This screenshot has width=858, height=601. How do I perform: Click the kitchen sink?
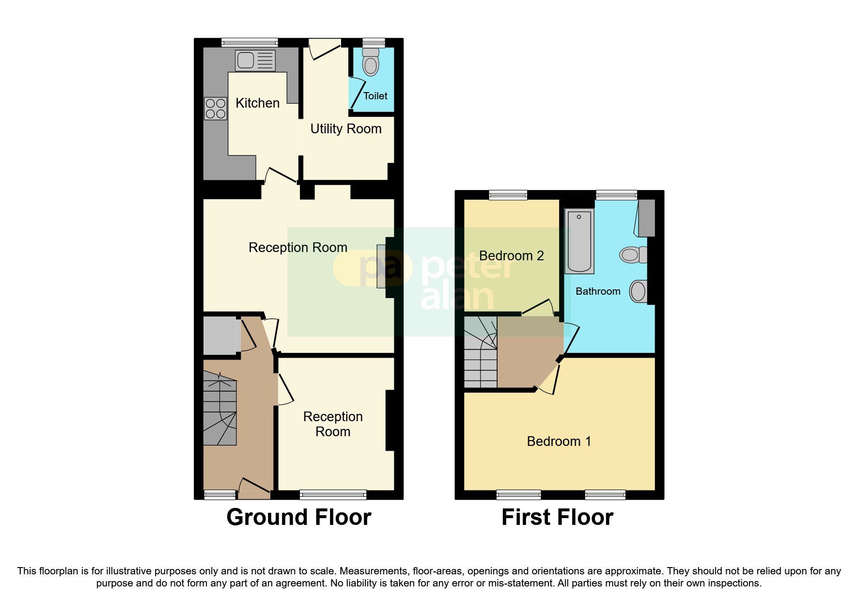click(x=255, y=61)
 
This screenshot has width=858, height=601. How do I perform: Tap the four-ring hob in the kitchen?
click(x=215, y=109)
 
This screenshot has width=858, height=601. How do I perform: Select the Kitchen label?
click(x=257, y=103)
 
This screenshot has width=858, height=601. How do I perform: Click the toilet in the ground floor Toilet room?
click(x=371, y=63)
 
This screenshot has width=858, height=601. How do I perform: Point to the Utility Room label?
click(x=345, y=129)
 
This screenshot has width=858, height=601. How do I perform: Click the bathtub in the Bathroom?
click(x=579, y=241)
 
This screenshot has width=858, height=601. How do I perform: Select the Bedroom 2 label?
click(x=511, y=256)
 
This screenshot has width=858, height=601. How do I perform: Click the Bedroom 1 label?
click(x=559, y=442)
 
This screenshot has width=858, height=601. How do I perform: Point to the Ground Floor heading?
click(x=298, y=517)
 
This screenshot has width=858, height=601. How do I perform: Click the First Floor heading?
click(x=557, y=517)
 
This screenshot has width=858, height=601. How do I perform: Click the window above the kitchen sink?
click(x=250, y=43)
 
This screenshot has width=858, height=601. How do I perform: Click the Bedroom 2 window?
click(x=508, y=195)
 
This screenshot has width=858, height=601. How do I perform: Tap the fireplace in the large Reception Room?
click(x=381, y=267)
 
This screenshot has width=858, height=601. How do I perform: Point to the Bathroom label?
click(x=597, y=291)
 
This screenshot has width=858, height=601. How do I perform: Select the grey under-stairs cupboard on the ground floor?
click(x=220, y=335)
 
